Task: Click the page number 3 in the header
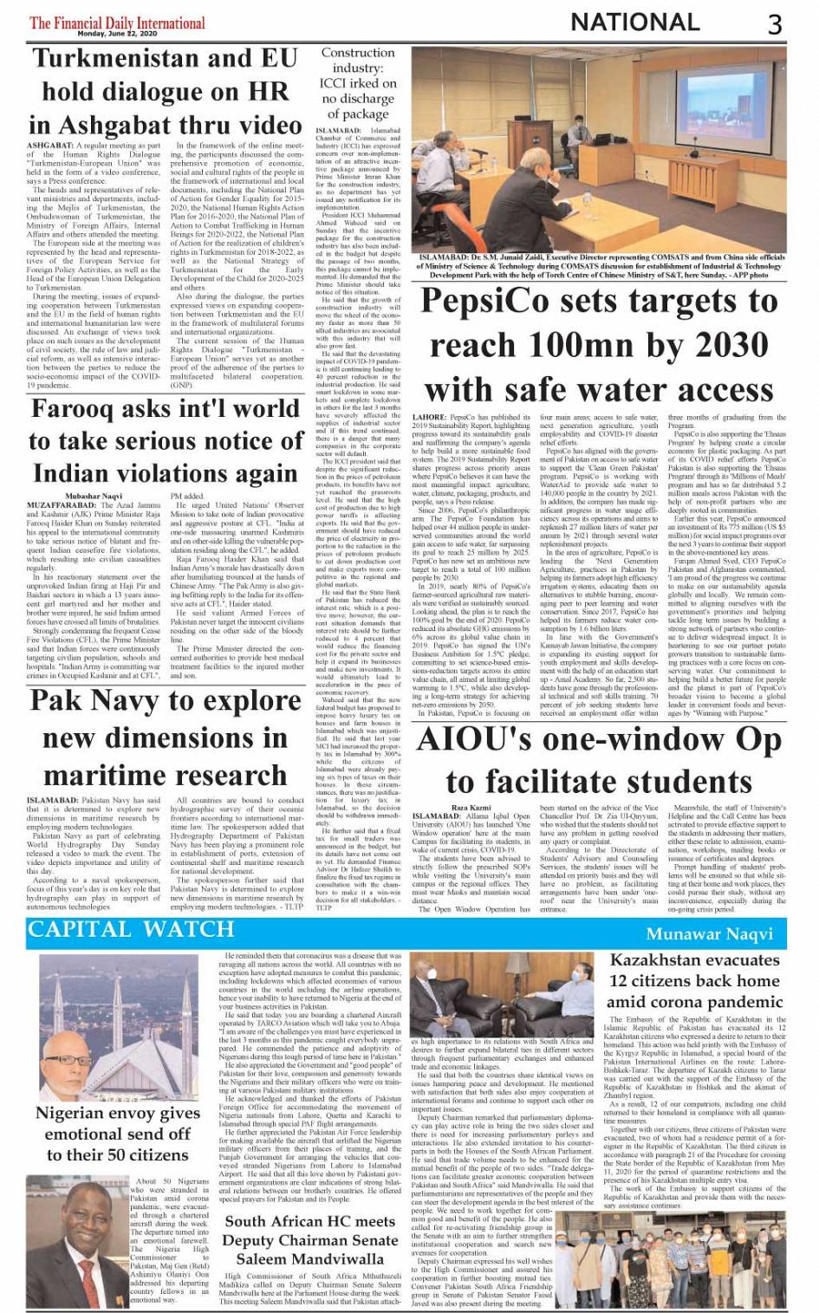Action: [x=775, y=23]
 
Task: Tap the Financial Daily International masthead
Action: [x=117, y=23]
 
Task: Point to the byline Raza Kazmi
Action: [x=471, y=806]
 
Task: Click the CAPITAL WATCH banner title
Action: [x=131, y=930]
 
